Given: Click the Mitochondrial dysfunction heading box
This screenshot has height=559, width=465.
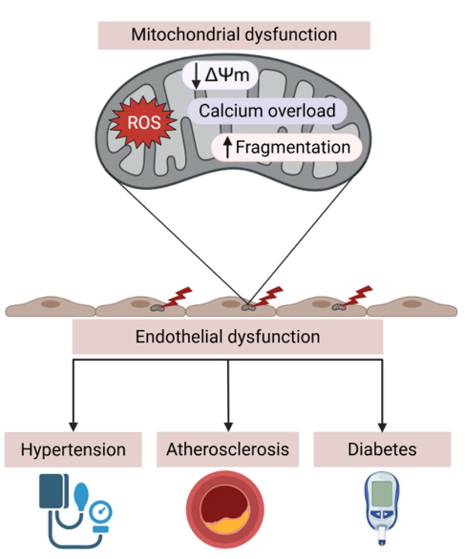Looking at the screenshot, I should tap(234, 35).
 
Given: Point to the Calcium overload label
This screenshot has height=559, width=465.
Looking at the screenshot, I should tap(267, 110).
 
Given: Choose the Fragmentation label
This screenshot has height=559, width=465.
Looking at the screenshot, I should tap(293, 147).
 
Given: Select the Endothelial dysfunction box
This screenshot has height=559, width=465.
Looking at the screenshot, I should tap(227, 336).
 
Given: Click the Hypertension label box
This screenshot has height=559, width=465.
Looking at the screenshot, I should tap(73, 449).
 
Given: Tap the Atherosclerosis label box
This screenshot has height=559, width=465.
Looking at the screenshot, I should tap(227, 449).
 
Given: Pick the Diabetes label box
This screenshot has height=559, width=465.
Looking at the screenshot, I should tap(382, 449).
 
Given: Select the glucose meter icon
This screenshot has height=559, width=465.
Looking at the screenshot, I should tap(383, 507).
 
